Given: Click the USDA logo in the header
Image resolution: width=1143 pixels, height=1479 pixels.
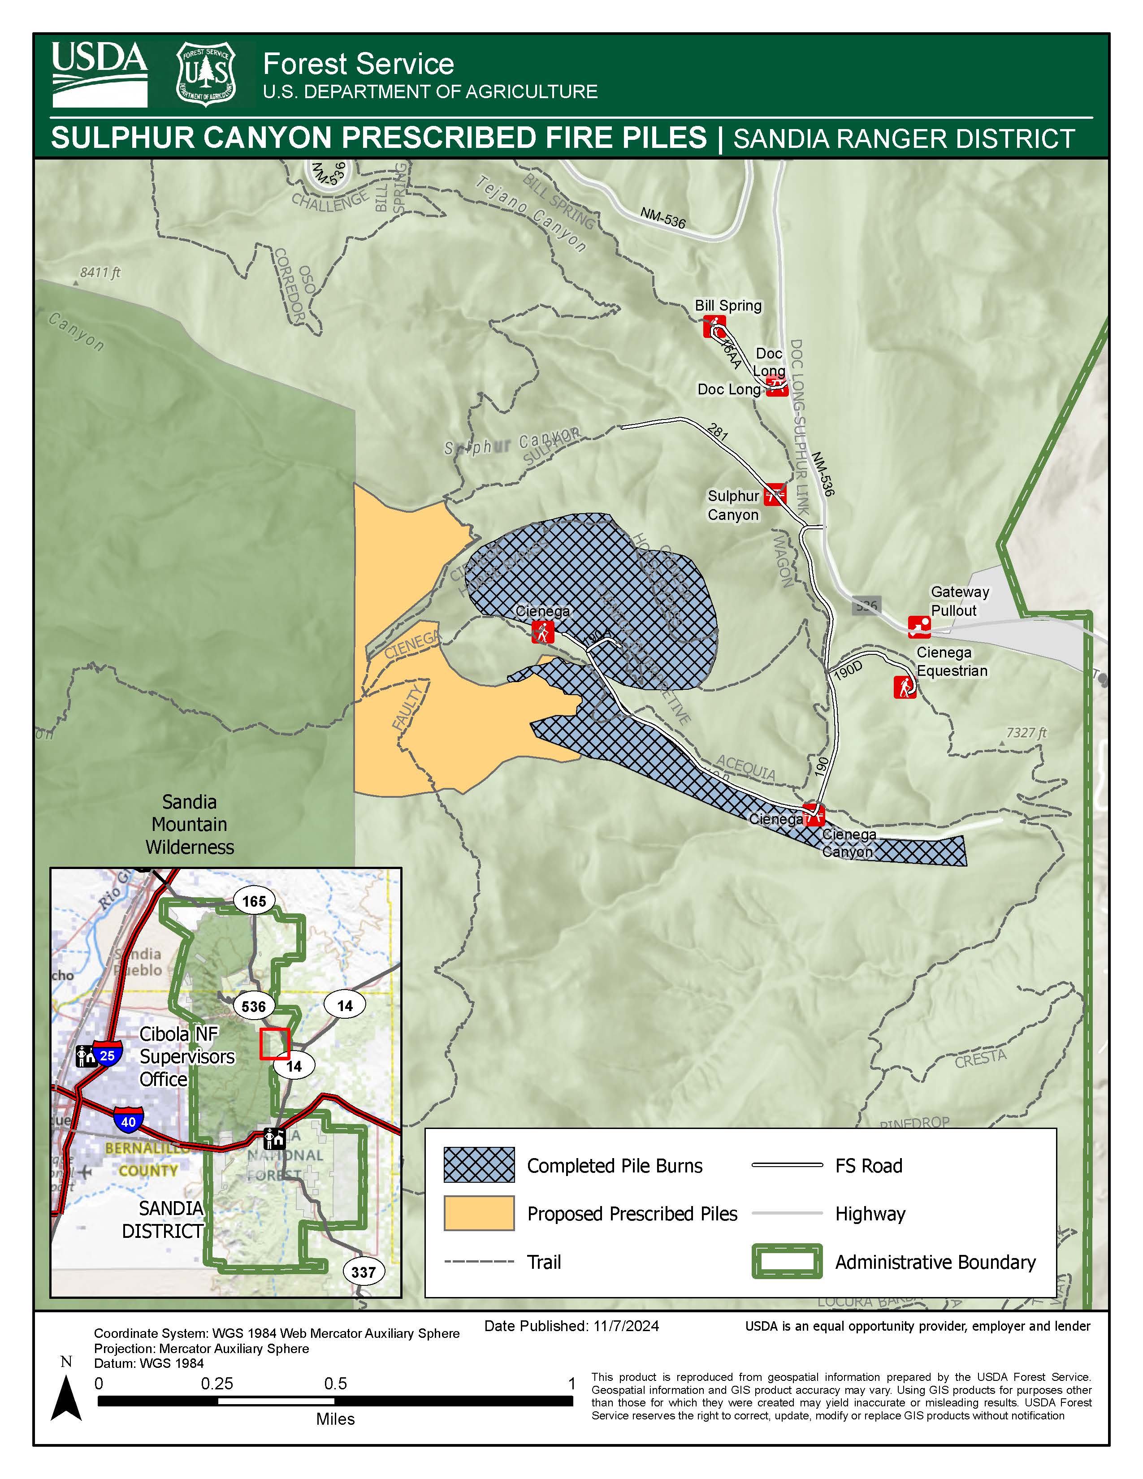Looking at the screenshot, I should click(x=100, y=74).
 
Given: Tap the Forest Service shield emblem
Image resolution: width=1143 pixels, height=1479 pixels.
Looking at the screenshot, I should click(x=206, y=74).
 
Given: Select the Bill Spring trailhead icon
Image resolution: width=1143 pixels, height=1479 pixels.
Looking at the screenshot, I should click(x=714, y=326).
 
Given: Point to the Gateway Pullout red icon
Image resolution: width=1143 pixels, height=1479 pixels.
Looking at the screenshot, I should click(x=919, y=627).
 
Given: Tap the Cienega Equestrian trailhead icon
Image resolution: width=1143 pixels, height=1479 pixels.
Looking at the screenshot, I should click(x=905, y=687).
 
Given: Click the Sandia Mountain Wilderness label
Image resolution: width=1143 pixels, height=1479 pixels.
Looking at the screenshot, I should click(x=190, y=824).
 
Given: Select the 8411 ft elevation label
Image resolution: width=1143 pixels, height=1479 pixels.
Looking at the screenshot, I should click(x=100, y=272).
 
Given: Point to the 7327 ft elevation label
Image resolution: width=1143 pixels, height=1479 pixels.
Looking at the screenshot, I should click(x=1026, y=733).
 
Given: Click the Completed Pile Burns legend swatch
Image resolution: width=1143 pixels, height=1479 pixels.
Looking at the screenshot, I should click(x=479, y=1165).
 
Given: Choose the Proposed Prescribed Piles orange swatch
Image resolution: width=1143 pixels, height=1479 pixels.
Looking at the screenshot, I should click(x=479, y=1213).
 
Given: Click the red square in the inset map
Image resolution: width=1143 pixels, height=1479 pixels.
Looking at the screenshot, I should click(x=275, y=1043).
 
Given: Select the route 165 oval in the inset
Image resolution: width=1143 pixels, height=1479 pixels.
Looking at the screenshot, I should click(x=254, y=901).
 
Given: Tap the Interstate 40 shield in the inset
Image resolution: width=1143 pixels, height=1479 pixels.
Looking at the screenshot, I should click(x=128, y=1121).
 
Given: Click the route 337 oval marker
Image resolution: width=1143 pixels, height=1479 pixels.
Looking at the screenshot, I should click(x=364, y=1272).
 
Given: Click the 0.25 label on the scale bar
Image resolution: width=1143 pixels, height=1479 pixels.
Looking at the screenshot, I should click(x=216, y=1384).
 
